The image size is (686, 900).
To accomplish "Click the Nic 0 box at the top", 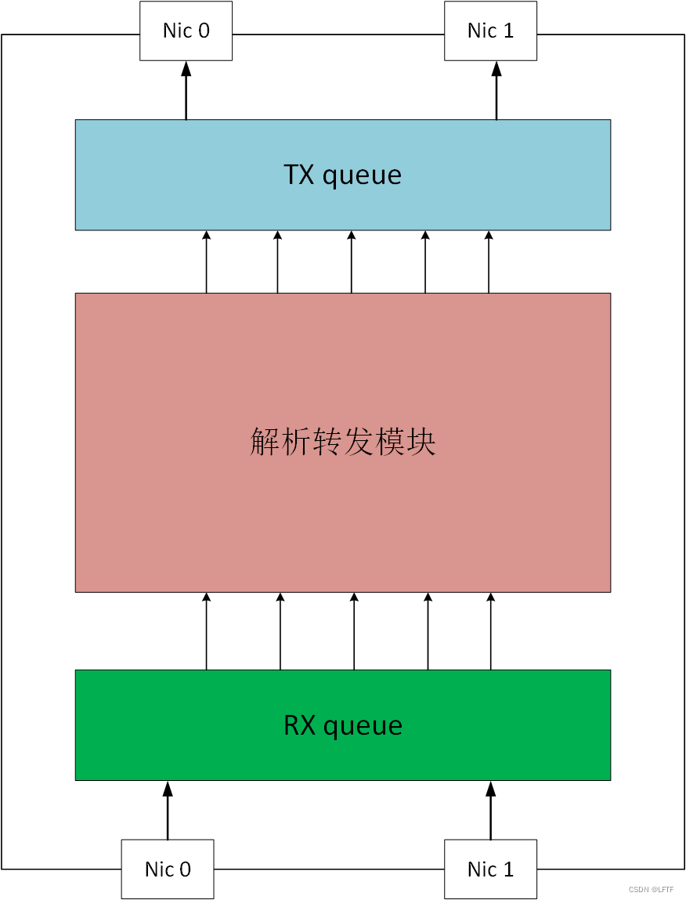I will point(186,31).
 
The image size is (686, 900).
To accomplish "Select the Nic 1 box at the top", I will point(490,31).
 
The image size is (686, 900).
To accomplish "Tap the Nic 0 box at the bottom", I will point(168,869).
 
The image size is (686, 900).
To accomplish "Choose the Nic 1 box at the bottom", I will point(490,869).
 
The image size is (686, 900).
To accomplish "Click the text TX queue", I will point(342,175).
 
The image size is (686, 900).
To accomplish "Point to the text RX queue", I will point(342,725).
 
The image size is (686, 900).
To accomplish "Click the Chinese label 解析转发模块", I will point(342,443).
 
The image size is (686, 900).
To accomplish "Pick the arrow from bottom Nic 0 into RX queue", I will point(167,810).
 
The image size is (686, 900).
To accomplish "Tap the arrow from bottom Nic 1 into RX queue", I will point(491,810).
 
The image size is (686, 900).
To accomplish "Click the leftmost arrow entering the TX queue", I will point(207,262).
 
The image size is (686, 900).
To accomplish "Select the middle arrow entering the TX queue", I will point(351,262).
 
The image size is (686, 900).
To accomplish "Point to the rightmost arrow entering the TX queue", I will point(489,262).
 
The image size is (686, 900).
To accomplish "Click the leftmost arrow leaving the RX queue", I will point(207,631).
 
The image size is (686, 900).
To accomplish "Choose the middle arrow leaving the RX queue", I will point(354,631).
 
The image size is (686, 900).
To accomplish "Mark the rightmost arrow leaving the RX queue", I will point(491,631).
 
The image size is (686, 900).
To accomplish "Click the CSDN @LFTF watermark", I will point(651,890).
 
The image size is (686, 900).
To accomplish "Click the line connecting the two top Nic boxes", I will point(338,34).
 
